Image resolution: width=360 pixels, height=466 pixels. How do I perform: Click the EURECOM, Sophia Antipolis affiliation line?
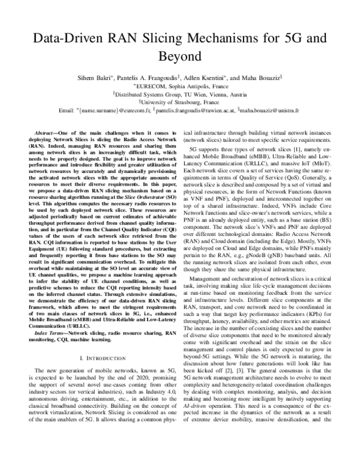179,86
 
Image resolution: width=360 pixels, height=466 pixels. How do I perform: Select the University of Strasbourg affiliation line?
179,102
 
